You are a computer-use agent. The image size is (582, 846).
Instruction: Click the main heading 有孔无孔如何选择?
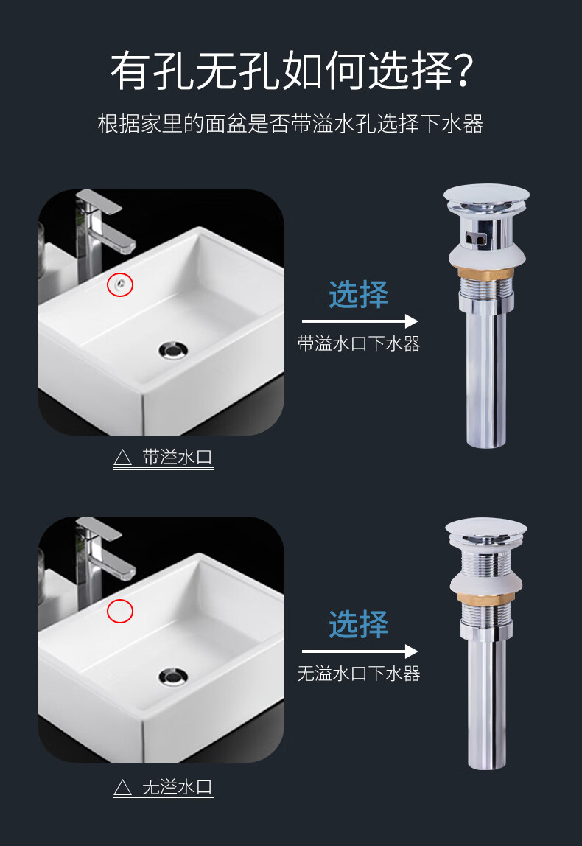[x=290, y=72]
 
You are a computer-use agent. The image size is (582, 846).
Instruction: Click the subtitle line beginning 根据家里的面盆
[x=290, y=124]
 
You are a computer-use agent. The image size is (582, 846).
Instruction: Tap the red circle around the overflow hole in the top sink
[x=120, y=284]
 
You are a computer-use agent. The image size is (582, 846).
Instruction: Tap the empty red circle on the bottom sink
[x=120, y=610]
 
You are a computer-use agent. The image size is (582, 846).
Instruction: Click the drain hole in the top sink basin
[x=174, y=349]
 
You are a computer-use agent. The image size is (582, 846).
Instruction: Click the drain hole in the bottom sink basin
[x=174, y=676]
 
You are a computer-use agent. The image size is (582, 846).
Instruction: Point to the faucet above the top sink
[x=99, y=228]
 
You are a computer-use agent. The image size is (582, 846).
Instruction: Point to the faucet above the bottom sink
[x=99, y=553]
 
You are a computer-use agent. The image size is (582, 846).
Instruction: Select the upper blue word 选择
[x=359, y=295]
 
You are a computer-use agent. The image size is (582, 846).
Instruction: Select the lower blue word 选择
[x=359, y=624]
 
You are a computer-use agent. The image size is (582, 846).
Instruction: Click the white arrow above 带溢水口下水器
[x=360, y=321]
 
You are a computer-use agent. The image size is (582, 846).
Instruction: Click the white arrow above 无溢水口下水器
[x=360, y=651]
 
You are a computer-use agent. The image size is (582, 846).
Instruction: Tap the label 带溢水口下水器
[x=359, y=343]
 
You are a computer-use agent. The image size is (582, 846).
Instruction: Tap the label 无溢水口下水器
[x=359, y=674]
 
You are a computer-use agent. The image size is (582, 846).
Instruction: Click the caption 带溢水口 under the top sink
[x=177, y=457]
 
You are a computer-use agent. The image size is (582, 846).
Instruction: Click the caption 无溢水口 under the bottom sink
[x=177, y=787]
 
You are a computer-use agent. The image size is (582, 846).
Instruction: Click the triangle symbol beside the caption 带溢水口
[x=122, y=458]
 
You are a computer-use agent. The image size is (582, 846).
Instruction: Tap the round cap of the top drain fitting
[x=486, y=195]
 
